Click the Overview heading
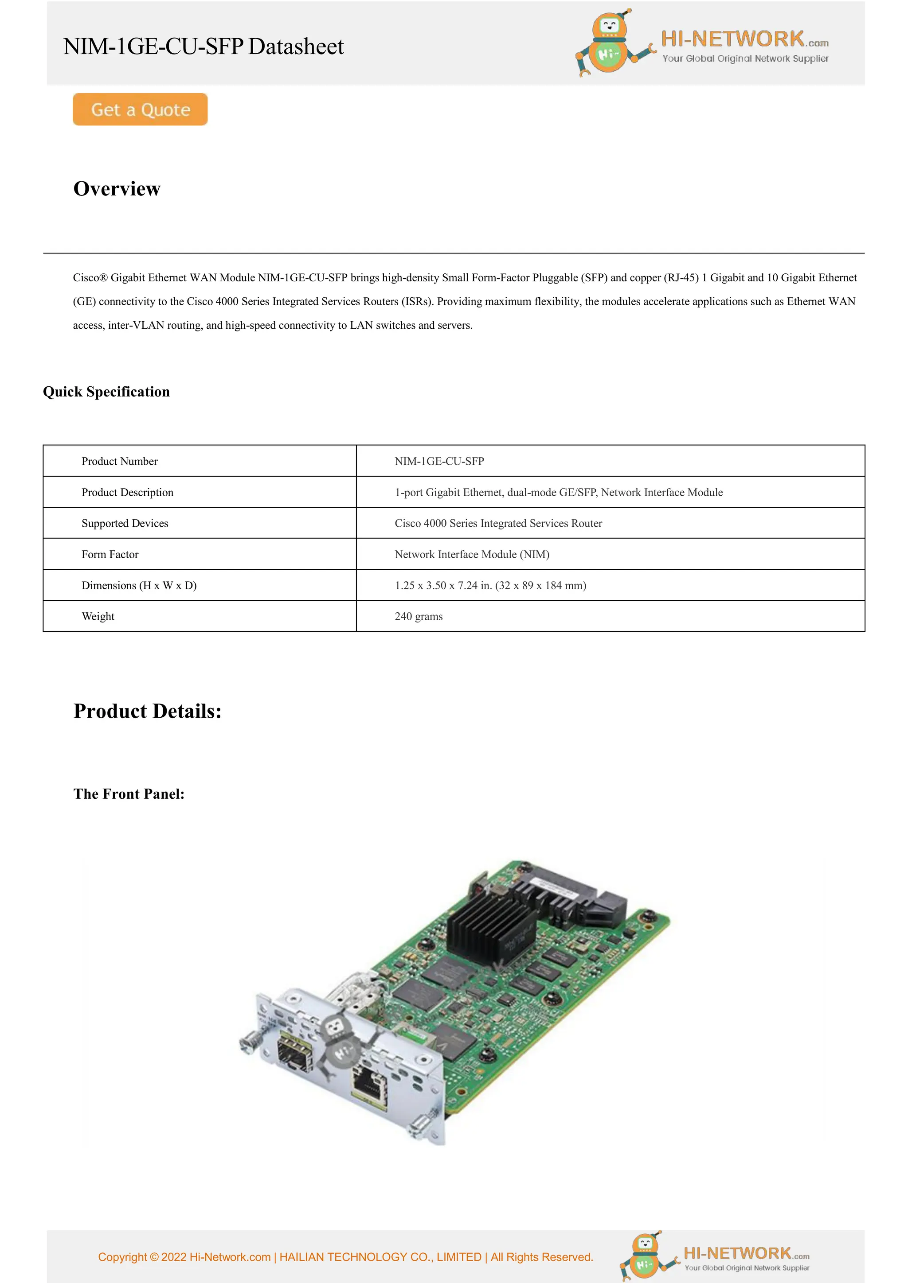tap(117, 189)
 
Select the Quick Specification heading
tap(106, 392)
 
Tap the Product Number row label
tap(120, 461)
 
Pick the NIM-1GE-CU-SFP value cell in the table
tap(439, 461)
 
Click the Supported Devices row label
tap(125, 523)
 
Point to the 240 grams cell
tap(419, 616)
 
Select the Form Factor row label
tap(110, 554)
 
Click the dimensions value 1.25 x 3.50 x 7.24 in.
tap(490, 585)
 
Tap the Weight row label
tap(98, 616)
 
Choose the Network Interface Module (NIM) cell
tap(472, 554)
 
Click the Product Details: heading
tap(148, 711)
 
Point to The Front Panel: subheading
tap(129, 794)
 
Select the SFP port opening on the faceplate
tap(295, 1054)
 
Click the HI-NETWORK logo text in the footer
tap(738, 1253)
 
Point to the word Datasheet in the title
tap(296, 47)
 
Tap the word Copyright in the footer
tap(122, 1257)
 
